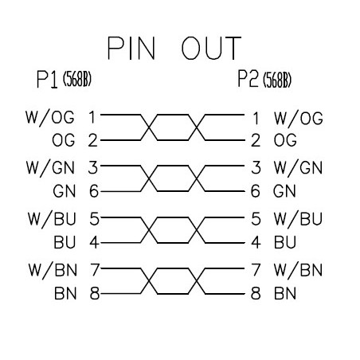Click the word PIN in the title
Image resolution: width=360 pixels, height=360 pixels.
pyautogui.click(x=131, y=48)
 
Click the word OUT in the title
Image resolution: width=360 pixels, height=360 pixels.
pyautogui.click(x=211, y=48)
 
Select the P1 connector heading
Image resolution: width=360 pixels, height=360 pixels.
pyautogui.click(x=47, y=79)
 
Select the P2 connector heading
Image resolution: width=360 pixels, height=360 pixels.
pyautogui.click(x=248, y=79)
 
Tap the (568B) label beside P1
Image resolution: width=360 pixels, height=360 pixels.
pyautogui.click(x=77, y=79)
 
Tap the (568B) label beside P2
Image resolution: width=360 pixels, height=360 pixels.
pyautogui.click(x=277, y=80)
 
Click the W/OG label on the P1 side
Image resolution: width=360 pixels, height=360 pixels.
pyautogui.click(x=49, y=118)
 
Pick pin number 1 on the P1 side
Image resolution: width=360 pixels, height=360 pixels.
pyautogui.click(x=92, y=118)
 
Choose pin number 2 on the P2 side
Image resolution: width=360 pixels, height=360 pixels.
pyautogui.click(x=256, y=140)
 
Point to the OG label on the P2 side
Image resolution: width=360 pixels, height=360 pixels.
pyautogui.click(x=285, y=140)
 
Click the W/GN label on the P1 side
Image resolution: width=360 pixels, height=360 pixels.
pyautogui.click(x=50, y=168)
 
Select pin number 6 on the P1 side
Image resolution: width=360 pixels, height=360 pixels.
pyautogui.click(x=94, y=191)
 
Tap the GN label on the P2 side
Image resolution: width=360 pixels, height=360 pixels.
pyautogui.click(x=284, y=191)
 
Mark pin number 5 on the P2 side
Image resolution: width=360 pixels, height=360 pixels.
pyautogui.click(x=256, y=219)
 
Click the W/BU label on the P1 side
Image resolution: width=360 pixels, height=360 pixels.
pyautogui.click(x=52, y=219)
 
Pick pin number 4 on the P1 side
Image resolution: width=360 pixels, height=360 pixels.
pyautogui.click(x=94, y=242)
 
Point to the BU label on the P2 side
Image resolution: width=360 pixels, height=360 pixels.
pyautogui.click(x=285, y=242)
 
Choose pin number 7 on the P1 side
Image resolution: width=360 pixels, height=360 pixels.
pyautogui.click(x=95, y=270)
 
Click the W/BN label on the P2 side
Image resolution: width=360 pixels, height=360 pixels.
pyautogui.click(x=298, y=270)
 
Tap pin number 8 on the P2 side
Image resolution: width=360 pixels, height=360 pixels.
pyautogui.click(x=256, y=293)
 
